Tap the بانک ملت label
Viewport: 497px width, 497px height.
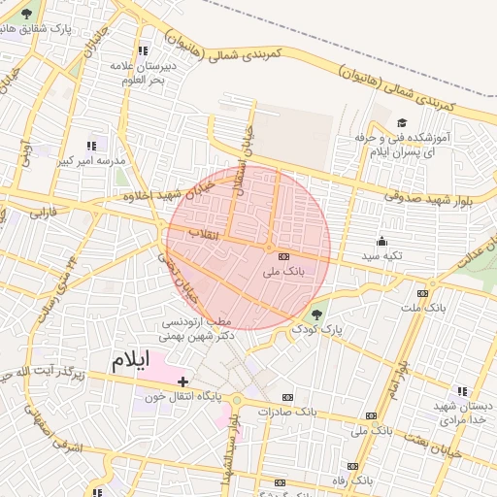(422, 308)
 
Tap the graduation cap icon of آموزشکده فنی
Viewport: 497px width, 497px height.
(402, 123)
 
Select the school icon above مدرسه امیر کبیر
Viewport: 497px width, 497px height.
(92, 146)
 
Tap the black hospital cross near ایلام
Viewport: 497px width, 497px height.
(182, 381)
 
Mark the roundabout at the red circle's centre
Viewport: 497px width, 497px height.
(269, 248)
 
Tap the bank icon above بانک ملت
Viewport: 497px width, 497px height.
(422, 293)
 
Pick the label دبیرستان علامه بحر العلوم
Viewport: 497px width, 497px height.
(141, 72)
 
